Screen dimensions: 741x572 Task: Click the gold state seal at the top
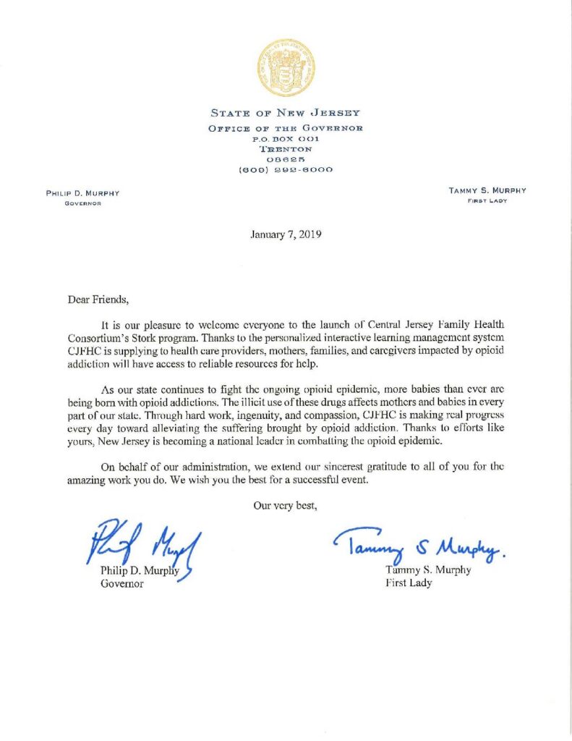tap(286, 69)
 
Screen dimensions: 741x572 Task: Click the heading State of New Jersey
tap(286, 113)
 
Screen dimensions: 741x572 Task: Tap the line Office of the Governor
tap(286, 128)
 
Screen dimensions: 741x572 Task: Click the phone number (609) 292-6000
tap(286, 170)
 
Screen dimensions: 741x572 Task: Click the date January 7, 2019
tap(286, 234)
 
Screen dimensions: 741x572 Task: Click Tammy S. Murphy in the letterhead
tap(488, 190)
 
